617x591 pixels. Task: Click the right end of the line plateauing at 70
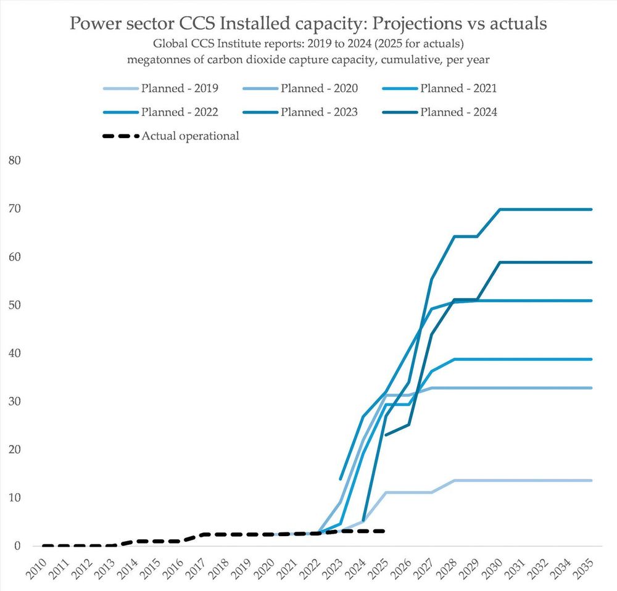(x=592, y=210)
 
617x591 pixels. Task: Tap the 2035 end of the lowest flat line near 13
(x=592, y=481)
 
